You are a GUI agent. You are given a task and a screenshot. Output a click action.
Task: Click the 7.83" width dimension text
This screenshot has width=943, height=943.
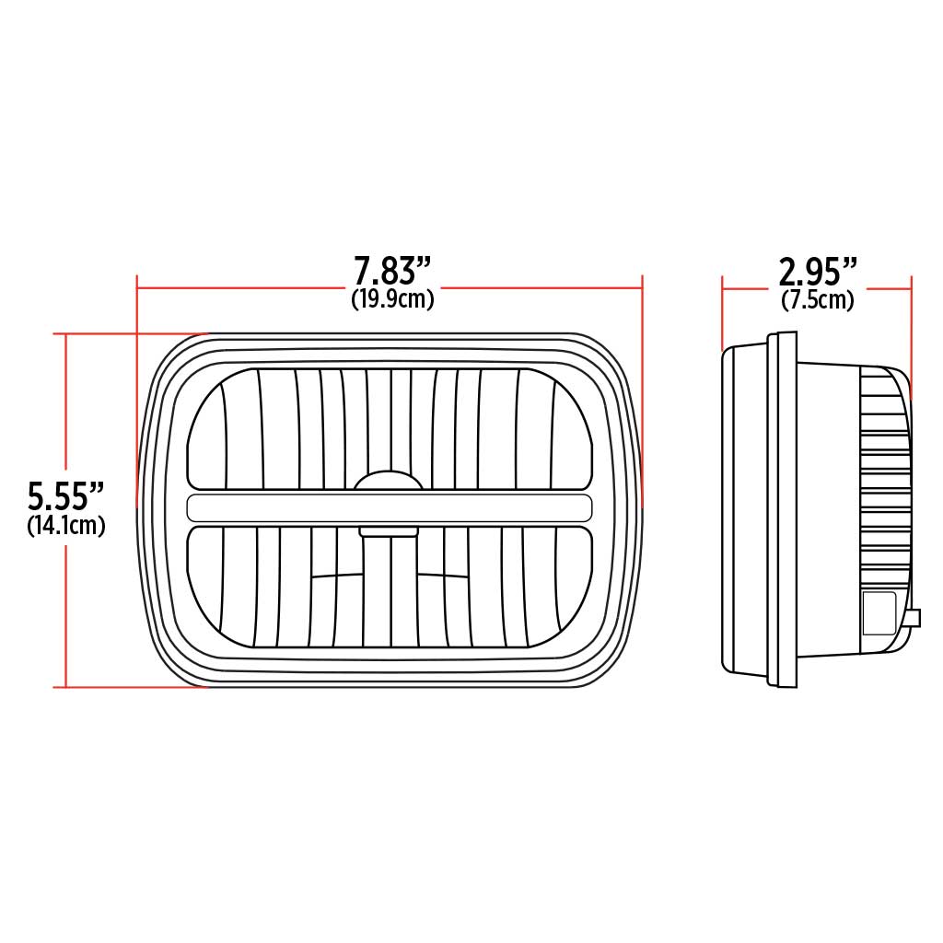(393, 273)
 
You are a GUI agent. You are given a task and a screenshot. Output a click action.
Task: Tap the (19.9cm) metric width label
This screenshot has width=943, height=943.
(393, 299)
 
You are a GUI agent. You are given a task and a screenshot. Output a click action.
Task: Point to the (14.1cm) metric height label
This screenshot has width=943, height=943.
(65, 526)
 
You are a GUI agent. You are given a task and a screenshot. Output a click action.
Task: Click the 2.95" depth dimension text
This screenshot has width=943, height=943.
(818, 273)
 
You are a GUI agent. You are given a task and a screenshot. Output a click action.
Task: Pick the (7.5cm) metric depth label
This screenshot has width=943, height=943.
(818, 299)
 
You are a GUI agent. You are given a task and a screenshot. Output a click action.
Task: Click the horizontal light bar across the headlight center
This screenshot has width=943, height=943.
(389, 507)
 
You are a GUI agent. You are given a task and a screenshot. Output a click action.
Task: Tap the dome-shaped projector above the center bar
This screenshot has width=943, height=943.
(389, 482)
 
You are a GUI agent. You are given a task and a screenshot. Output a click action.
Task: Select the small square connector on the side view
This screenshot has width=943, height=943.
(879, 611)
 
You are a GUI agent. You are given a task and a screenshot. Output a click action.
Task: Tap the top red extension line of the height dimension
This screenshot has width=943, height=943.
(129, 333)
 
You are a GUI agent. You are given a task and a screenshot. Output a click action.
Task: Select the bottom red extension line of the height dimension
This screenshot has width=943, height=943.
(129, 687)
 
